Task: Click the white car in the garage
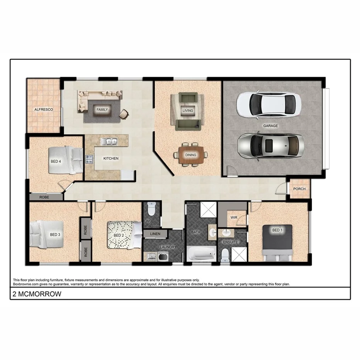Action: coord(268,104)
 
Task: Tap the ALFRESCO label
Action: coord(44,110)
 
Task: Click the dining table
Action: coord(190,155)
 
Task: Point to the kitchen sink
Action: coord(109,142)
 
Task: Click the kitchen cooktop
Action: coord(89,159)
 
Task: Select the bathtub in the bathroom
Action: coord(201,254)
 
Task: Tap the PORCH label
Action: coord(299,189)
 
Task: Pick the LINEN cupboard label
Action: coord(155,234)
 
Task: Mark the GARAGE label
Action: coord(270,126)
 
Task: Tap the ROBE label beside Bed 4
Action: coord(44,197)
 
